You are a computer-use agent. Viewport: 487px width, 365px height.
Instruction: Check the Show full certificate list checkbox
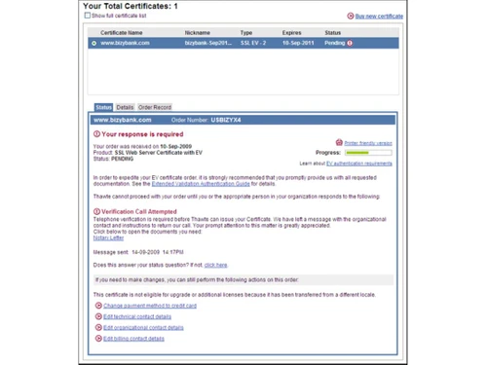(87, 17)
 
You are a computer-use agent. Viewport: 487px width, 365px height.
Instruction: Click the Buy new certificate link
(379, 17)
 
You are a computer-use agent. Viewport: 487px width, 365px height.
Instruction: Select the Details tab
(125, 107)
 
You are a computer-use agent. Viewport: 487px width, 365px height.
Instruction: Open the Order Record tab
(154, 107)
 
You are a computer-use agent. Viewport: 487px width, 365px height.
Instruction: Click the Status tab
(103, 107)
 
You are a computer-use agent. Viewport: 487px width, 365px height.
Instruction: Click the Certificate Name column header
(121, 33)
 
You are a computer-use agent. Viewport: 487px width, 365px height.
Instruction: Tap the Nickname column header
(197, 33)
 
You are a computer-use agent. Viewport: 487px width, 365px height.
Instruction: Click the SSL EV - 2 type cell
(252, 43)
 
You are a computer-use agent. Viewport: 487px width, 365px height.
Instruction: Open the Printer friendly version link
(368, 143)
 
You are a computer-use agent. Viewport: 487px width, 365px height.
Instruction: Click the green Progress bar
(368, 153)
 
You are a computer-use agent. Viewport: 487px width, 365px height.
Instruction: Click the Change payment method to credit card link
(149, 306)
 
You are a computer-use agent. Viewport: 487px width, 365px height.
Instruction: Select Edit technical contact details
(137, 316)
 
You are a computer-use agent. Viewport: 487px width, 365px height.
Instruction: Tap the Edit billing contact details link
(133, 339)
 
